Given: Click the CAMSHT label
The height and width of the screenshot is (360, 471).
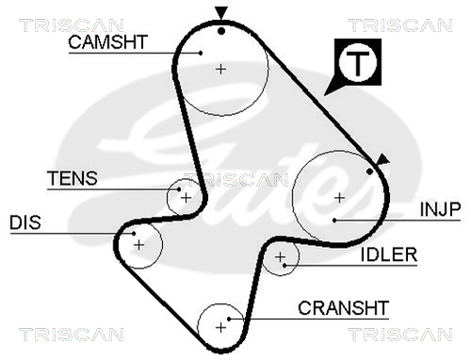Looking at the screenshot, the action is coord(108,42).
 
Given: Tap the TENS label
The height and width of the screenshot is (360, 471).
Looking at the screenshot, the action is coord(73,178).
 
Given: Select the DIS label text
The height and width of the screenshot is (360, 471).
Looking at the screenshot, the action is coord(25,222).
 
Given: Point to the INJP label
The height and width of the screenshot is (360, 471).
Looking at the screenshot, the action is coord(440,209).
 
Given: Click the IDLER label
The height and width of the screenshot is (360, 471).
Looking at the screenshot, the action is coord(389,254).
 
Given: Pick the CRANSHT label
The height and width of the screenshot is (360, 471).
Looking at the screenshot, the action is coord(344,308).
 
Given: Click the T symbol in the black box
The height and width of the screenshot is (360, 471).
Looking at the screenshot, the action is coord(358,62).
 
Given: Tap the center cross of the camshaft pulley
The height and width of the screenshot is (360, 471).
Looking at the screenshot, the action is coord(221,69).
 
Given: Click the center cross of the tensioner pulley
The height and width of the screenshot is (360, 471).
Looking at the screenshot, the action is coord(187,198).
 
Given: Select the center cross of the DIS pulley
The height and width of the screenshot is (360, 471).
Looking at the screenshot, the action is coord(138,245).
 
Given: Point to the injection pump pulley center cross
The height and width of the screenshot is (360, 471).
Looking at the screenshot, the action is coord(339,198).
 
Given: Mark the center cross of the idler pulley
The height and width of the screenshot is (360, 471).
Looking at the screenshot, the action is coord(280,257).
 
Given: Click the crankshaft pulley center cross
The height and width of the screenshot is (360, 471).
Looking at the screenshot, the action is coord(221,328).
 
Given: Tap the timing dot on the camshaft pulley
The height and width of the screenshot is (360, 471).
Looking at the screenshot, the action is coord(221,31).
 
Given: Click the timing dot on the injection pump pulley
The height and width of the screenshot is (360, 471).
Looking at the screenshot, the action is coord(370,172).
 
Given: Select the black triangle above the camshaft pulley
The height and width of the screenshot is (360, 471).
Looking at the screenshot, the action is coord(221,12).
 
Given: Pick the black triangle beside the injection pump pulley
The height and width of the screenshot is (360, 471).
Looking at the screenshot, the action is coord(382,159).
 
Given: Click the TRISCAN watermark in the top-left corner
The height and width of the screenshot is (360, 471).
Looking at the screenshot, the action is coord(72,25).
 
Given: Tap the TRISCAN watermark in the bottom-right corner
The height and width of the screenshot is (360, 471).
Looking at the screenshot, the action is coord(400,334).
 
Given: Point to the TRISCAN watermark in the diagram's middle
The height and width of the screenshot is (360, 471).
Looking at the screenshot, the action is coord(236,180).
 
